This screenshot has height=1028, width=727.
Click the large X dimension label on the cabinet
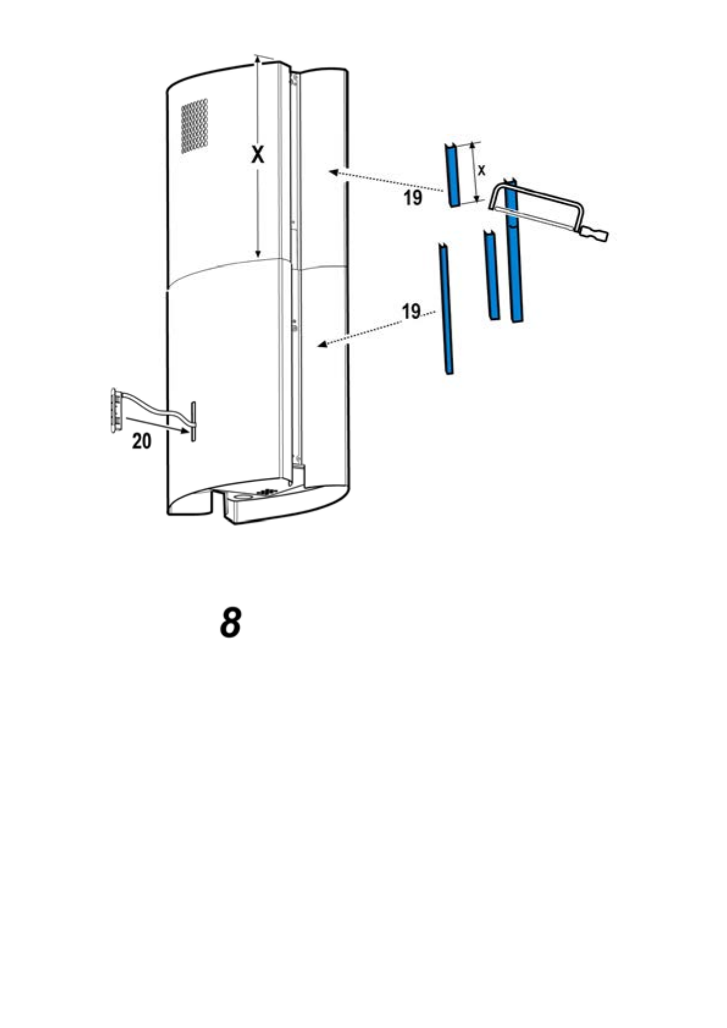click(258, 155)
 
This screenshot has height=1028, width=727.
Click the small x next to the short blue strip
click(481, 170)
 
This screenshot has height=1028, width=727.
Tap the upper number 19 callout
click(413, 198)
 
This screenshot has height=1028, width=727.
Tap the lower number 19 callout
click(411, 312)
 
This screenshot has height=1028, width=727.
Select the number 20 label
click(142, 441)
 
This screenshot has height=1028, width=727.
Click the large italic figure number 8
click(230, 623)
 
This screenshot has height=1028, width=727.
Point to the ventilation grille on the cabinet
click(194, 126)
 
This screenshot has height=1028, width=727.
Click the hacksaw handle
click(596, 234)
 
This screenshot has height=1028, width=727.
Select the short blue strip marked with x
click(452, 175)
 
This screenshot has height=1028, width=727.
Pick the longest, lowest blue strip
click(445, 309)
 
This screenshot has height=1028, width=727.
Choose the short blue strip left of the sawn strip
click(491, 275)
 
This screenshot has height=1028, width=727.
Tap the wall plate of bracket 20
click(113, 409)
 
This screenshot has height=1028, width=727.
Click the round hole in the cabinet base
click(242, 498)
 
